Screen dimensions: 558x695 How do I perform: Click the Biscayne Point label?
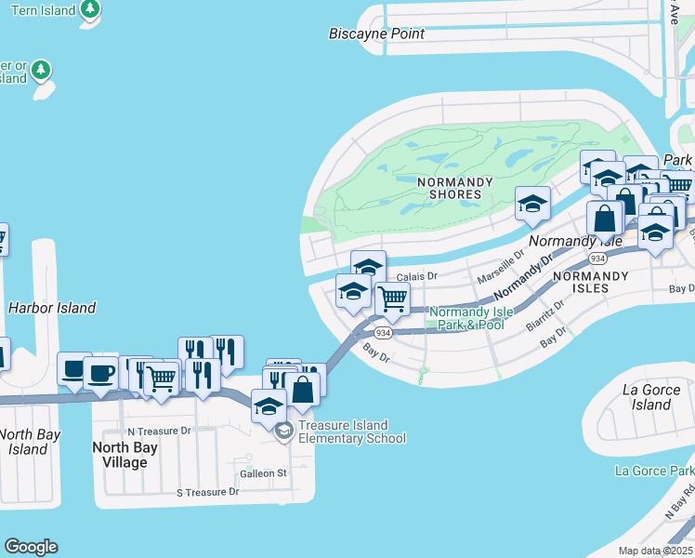tap(376, 33)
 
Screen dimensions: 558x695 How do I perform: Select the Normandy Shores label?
tap(450, 188)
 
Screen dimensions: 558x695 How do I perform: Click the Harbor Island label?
tap(51, 308)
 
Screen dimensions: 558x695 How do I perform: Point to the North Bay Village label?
tap(125, 455)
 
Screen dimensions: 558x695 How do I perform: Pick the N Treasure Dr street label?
tap(159, 431)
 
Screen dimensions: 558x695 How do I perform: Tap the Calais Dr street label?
tap(416, 276)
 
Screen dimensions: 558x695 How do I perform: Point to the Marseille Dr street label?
tap(501, 266)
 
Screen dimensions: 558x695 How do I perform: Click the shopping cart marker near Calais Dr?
tap(393, 299)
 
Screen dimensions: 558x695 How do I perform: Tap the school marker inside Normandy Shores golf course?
tap(532, 204)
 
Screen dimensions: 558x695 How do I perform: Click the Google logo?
tap(31, 547)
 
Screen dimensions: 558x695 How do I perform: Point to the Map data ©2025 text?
tap(655, 551)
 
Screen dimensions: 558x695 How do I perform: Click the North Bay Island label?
tap(30, 442)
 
